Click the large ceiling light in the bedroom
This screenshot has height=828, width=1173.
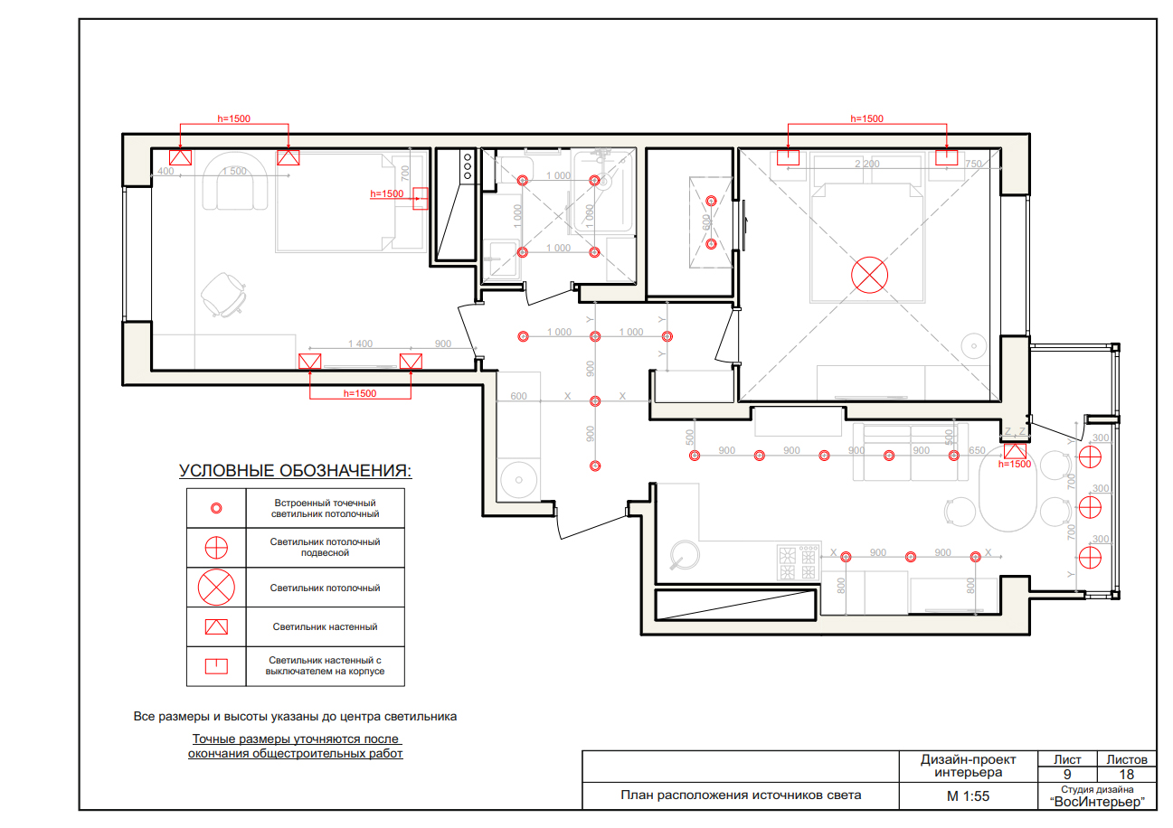tap(869, 276)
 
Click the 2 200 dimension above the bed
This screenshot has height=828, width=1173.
tap(867, 164)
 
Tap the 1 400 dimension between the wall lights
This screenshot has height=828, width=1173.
tap(360, 343)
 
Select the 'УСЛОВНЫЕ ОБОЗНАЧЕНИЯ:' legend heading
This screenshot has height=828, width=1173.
tap(296, 471)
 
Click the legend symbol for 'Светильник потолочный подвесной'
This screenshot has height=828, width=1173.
tap(216, 548)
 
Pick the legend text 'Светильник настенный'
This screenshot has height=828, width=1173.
tap(325, 626)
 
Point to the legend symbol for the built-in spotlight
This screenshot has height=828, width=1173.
tap(216, 508)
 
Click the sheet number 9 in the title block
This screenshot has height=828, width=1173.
tap(1067, 775)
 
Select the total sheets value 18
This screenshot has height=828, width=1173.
tap(1126, 775)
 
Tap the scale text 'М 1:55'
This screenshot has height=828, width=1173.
tap(969, 796)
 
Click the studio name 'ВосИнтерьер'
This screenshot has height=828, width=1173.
tap(1097, 802)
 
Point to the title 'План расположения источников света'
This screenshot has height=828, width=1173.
tap(741, 795)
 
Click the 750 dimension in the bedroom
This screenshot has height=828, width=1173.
tap(973, 164)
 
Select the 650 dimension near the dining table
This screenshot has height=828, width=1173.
tap(977, 450)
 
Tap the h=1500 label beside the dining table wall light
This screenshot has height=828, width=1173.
tap(1015, 465)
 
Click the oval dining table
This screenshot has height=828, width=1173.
tap(1007, 489)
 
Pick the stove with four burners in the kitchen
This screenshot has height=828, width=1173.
tap(798, 562)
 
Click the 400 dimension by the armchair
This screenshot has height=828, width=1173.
tap(166, 171)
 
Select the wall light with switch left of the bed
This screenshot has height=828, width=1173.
tap(788, 157)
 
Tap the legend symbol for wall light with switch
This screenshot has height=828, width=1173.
tap(216, 666)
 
